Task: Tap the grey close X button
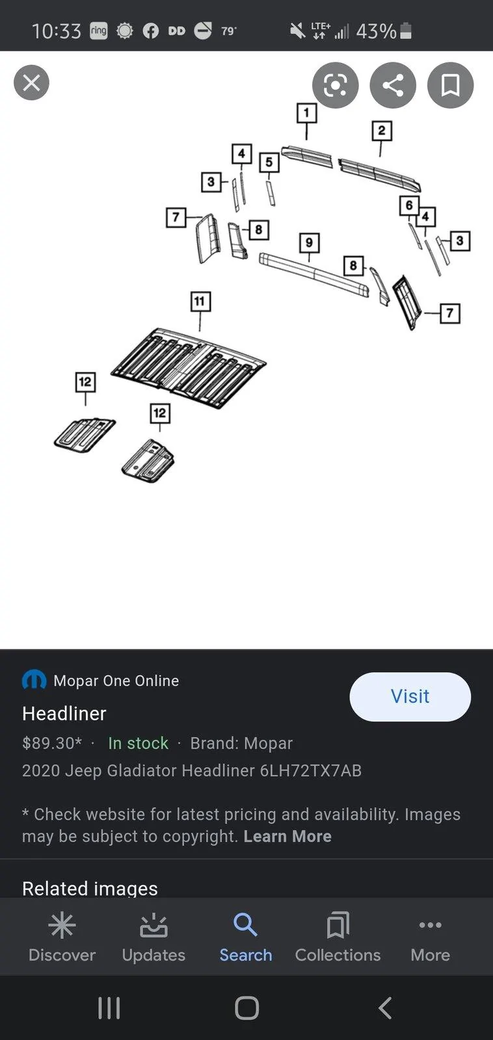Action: (x=31, y=83)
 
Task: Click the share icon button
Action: (x=393, y=85)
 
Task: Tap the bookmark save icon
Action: (x=450, y=85)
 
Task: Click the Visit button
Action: (x=410, y=696)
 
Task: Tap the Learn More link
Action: (x=287, y=836)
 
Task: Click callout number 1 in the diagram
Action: (x=306, y=113)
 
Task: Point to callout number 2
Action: (x=382, y=131)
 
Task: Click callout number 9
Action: (x=309, y=243)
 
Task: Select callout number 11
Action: (x=200, y=302)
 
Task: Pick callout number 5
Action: (x=269, y=162)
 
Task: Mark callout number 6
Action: (x=409, y=205)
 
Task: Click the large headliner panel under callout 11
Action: (x=188, y=367)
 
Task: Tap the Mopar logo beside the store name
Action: (x=34, y=681)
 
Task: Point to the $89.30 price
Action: (x=51, y=743)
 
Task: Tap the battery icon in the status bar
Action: (x=405, y=31)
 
